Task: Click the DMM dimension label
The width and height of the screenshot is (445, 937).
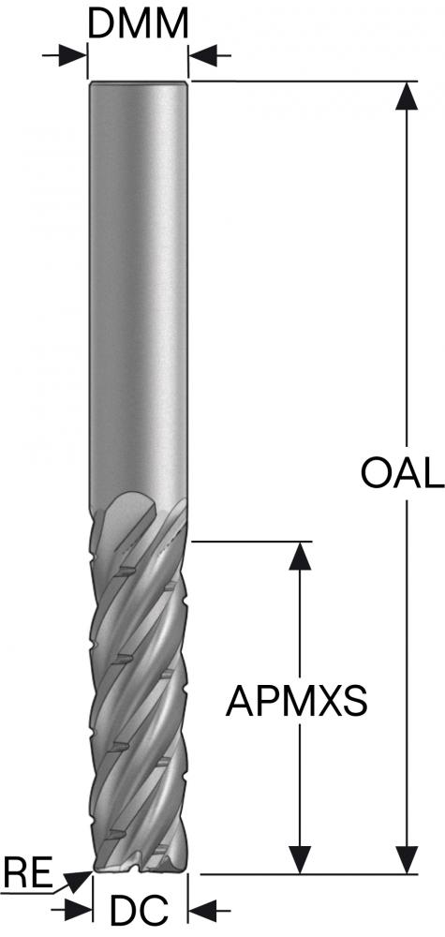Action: tap(138, 24)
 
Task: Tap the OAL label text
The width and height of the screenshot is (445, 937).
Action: tap(402, 473)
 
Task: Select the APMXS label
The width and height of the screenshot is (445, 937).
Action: tap(296, 701)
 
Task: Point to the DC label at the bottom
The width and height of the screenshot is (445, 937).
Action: tap(140, 912)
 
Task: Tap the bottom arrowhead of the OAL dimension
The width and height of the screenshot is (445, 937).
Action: tap(408, 859)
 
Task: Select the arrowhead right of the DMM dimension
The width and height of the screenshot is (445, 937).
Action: tap(203, 57)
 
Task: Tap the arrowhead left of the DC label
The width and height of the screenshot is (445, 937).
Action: tap(79, 911)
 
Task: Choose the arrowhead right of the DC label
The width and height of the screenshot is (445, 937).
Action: tap(203, 911)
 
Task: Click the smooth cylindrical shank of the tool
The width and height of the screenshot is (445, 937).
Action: tap(138, 287)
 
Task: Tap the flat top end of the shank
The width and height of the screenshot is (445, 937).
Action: tap(138, 82)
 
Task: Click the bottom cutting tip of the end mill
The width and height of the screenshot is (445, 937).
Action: tap(141, 869)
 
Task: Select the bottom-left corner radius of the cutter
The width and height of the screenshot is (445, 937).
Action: tap(96, 870)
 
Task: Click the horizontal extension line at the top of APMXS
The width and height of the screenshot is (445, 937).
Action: tap(251, 542)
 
